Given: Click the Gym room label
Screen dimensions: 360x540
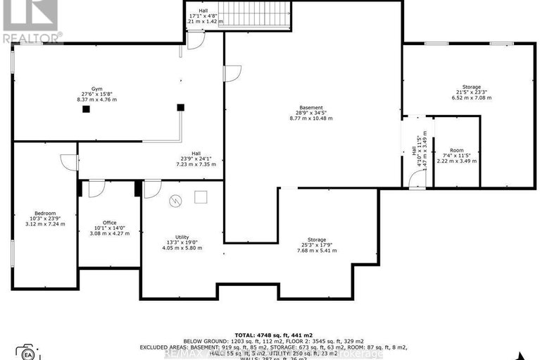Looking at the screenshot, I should click(x=88, y=89).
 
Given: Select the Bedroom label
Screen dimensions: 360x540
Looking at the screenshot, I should click(x=45, y=213).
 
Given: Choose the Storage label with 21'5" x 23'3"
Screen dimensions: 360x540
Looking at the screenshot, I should click(x=472, y=87).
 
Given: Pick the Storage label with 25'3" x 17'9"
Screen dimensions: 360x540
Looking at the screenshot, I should click(x=317, y=240).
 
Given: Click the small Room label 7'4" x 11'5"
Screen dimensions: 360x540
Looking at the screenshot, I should click(x=456, y=150).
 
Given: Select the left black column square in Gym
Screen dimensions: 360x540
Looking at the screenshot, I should click(x=85, y=109).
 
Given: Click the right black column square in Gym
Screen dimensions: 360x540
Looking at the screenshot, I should click(x=181, y=107).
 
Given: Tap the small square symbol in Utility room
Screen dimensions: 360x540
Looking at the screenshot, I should click(x=201, y=197).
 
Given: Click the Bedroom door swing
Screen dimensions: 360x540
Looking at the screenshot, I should click(x=68, y=162).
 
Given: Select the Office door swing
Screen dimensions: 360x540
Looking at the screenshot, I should click(x=96, y=187).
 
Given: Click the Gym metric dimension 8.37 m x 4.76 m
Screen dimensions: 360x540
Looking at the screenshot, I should click(x=97, y=99).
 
